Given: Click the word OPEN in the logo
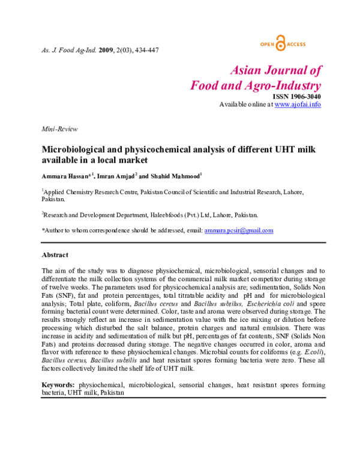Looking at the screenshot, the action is coord(268,44).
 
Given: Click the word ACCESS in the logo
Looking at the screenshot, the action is coord(296,44).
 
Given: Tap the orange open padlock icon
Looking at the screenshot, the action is coord(281,43).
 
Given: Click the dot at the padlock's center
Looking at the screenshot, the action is coord(281,46).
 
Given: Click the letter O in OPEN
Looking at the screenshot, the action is coord(262,44).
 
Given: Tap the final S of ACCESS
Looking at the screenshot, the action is coord(304,44).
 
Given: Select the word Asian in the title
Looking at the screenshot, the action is coord(245,70).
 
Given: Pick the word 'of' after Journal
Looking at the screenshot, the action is coord(316,70).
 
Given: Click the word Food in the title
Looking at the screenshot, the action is coord(204,86).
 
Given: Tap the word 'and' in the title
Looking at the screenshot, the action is coord(232,86).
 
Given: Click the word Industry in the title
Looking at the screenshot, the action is coord(301,86).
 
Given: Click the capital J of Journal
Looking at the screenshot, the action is coord(268,70).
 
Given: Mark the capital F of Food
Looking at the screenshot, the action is coord(195,86).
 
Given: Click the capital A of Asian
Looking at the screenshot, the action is coord(234,70).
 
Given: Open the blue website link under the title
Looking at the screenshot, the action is coord(298,104).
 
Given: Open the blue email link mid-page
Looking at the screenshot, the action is coord(239,231).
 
